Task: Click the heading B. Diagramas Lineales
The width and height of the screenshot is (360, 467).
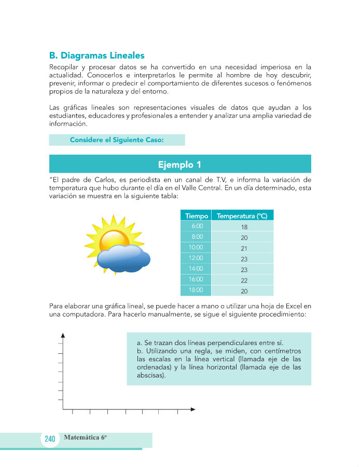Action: (x=96, y=56)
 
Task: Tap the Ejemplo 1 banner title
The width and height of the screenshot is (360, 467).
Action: (x=179, y=164)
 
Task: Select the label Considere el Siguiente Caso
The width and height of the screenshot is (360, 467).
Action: (x=116, y=140)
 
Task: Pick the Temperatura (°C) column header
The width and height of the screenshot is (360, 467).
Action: (x=242, y=216)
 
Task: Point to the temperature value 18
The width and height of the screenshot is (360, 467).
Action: (x=244, y=227)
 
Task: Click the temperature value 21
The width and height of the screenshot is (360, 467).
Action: (x=244, y=249)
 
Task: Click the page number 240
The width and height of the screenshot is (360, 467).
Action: (x=50, y=439)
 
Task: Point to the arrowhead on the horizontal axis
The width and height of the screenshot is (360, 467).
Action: (x=192, y=409)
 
